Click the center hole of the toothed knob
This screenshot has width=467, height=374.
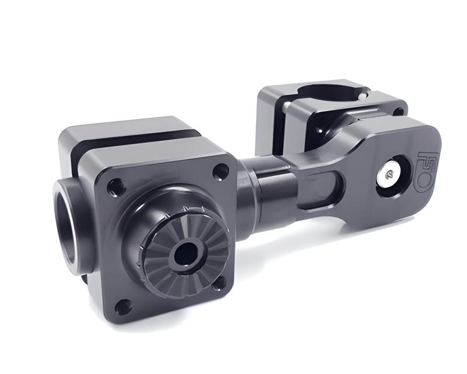coord(186,253)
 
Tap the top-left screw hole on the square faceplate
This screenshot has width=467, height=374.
coord(116,188)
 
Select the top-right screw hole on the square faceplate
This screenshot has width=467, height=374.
coord(221,171)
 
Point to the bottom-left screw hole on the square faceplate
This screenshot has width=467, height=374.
coord(123,306)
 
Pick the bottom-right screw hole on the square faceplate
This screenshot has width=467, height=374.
coord(219,285)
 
